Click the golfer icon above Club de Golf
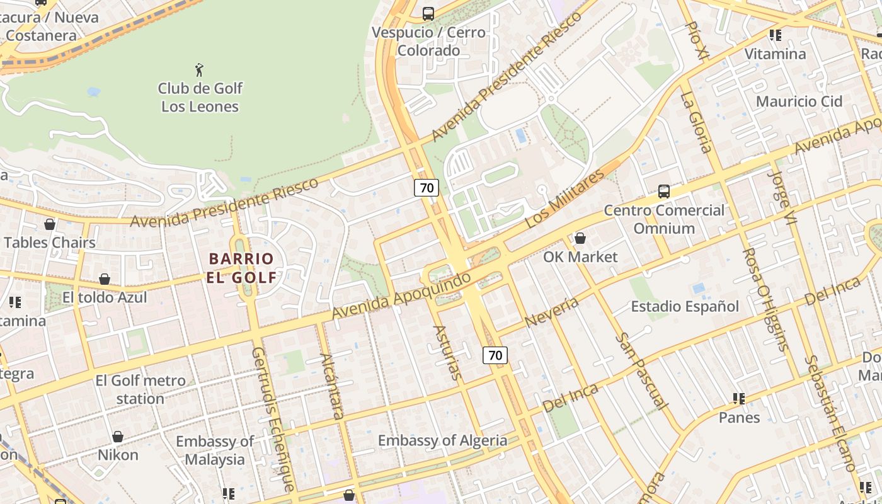click(200, 69)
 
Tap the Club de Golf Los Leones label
click(200, 97)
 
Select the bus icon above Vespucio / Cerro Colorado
click(428, 13)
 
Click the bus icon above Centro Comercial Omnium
click(663, 191)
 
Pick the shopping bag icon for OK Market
click(580, 238)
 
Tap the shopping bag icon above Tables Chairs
click(49, 224)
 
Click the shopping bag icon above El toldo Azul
click(105, 279)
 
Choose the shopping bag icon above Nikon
click(118, 437)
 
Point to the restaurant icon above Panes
click(739, 399)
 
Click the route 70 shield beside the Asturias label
click(495, 355)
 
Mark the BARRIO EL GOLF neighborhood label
click(242, 268)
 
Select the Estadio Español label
click(685, 307)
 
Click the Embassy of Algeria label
click(442, 440)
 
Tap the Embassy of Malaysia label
click(215, 450)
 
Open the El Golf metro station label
click(140, 389)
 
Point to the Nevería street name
click(551, 312)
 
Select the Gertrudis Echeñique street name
click(273, 418)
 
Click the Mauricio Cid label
click(799, 101)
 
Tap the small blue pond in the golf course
click(94, 92)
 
